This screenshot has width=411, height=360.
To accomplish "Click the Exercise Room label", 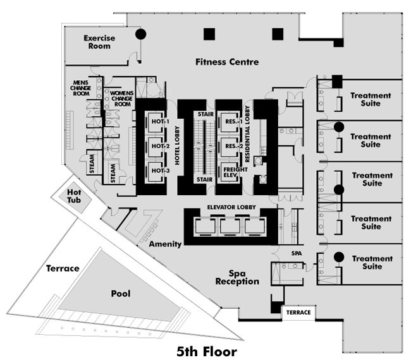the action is pos(99,42).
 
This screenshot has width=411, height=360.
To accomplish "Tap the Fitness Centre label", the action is pos(227,62).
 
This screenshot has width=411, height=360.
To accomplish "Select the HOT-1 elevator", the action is pos(156,122).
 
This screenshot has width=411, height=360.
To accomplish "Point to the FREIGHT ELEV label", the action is pos(235,172).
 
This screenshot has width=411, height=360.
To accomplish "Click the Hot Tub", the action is pos(75,196).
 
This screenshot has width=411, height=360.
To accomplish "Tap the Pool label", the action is pos(121,294).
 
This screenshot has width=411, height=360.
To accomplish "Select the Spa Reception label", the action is pos(237,277).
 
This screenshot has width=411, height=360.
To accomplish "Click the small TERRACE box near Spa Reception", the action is pos(298,313).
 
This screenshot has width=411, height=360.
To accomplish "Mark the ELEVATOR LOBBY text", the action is pos(231,207).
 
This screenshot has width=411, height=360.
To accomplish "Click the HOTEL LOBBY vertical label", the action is pos(177,145).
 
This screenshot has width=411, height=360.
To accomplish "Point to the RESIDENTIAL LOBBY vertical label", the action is pos(247,134).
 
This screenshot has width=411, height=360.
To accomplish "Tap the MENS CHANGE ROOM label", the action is pos(80,88).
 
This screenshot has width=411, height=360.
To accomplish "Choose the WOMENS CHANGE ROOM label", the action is pos(122,99).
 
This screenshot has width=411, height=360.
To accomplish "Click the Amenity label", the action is pos(165,244).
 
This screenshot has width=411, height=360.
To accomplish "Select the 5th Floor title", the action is pos(207,352).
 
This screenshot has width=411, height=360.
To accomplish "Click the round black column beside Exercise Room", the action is pos(141,34).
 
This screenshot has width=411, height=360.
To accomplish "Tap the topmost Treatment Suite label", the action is pos(371,100).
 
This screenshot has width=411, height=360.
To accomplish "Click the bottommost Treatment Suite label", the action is pos(372,263).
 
